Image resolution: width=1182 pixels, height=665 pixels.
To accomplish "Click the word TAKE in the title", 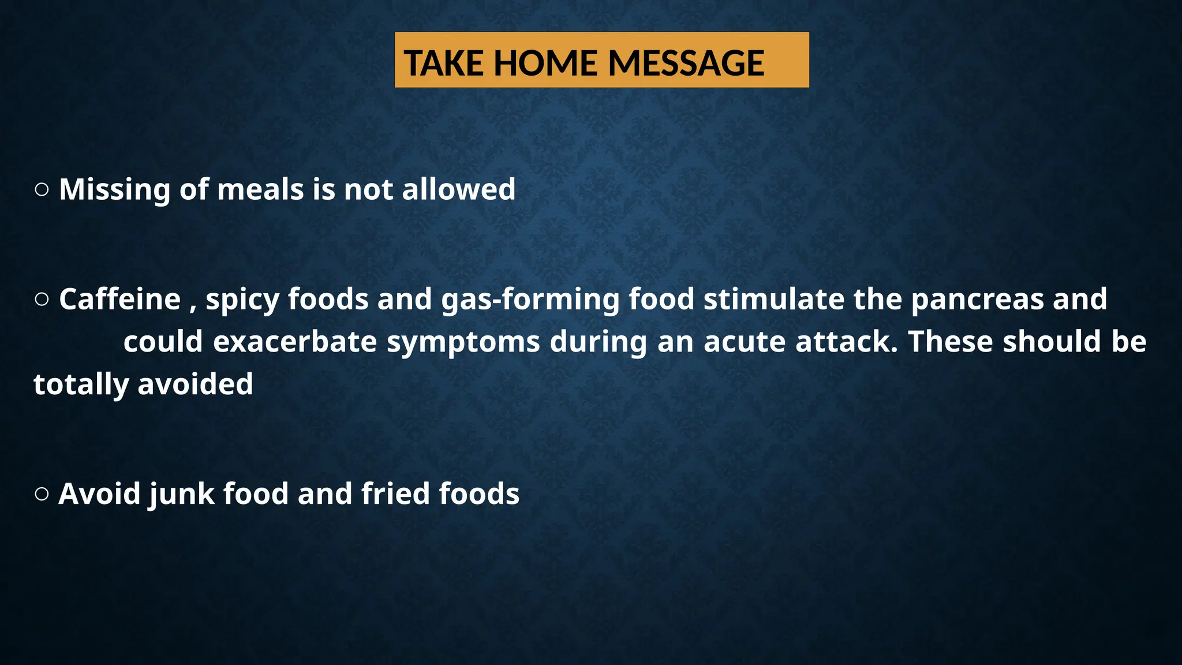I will point(443,63).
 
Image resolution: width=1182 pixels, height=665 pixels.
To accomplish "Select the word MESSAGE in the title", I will point(686,63).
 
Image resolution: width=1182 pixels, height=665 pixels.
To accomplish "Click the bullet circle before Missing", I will point(42,189).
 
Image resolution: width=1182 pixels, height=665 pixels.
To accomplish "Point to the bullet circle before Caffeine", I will point(42,299).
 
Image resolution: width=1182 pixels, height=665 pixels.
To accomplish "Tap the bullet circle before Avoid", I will point(42,494).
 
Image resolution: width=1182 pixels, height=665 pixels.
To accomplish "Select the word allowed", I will point(458,189).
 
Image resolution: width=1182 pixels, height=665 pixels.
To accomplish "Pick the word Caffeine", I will point(120,299).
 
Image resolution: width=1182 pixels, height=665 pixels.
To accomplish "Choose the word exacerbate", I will point(295,342).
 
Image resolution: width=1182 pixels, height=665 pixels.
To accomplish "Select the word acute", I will point(744,342).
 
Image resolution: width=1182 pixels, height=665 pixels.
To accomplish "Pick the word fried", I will point(395,494).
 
